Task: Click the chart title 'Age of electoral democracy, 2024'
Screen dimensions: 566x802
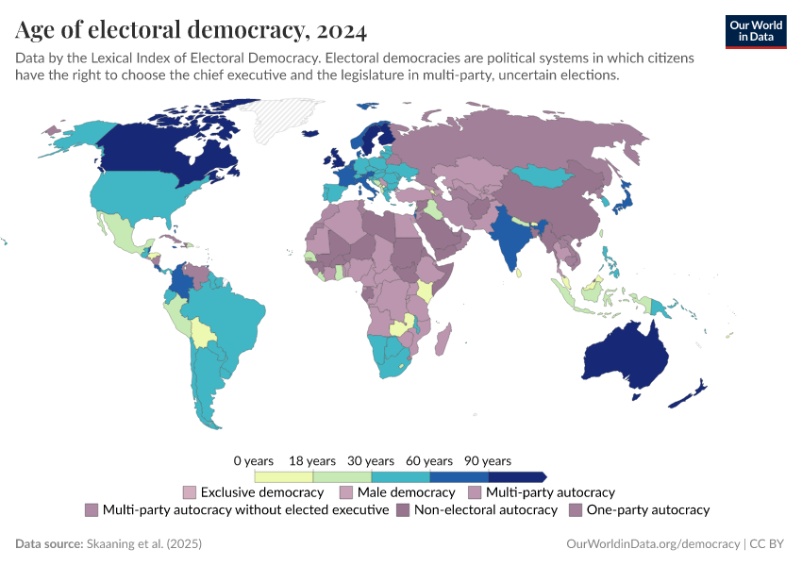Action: (x=191, y=30)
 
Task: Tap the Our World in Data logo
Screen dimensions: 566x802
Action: (x=755, y=30)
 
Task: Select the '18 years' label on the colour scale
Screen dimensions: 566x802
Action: (x=312, y=461)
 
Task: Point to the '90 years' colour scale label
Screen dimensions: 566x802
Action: (x=488, y=461)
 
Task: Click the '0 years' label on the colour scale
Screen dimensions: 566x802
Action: (x=254, y=461)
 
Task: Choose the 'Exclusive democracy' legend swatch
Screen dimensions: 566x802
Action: (x=190, y=492)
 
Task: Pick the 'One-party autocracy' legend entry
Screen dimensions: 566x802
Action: (x=647, y=510)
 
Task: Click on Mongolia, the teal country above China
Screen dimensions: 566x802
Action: (x=548, y=175)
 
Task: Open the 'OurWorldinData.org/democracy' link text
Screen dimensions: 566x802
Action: (x=652, y=544)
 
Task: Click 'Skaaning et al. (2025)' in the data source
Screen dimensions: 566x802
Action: (x=143, y=544)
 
